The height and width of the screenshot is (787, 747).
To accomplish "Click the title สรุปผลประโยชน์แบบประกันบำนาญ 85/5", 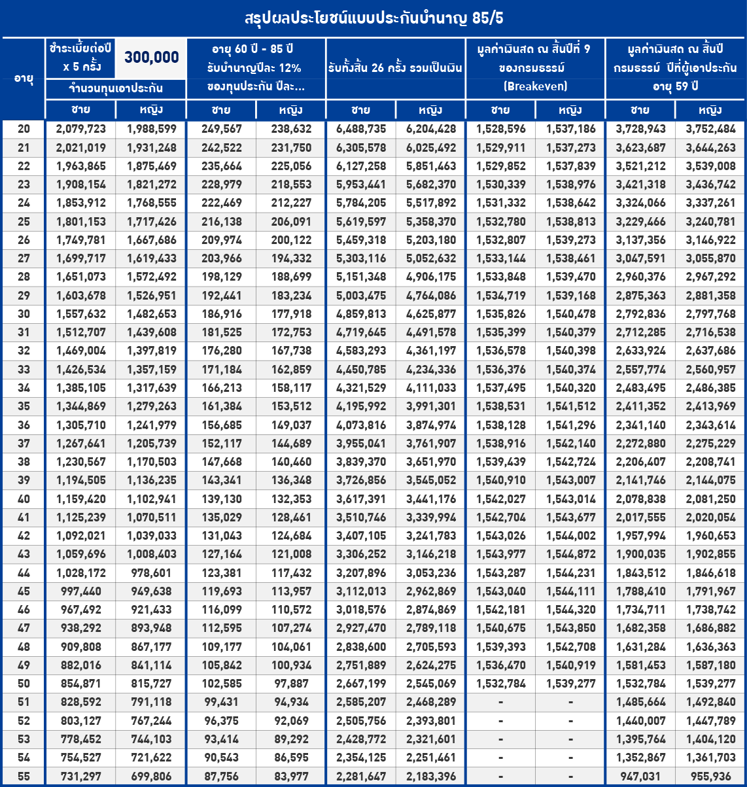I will point(373,18).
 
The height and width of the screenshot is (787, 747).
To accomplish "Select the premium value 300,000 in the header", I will point(151,58).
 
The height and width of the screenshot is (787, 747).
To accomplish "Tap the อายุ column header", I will point(23,77).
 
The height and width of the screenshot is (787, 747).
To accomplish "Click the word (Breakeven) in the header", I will point(535,86).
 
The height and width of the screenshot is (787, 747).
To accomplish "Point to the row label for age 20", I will point(23,130).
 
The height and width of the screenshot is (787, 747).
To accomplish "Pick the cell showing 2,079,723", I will point(80,130).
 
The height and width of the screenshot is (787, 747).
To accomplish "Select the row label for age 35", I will point(23,406).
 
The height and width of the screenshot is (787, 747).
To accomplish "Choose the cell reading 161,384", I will point(220,406).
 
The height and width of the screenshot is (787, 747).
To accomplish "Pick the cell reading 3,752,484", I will point(710,130).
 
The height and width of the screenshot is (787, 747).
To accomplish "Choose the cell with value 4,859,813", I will point(360,313).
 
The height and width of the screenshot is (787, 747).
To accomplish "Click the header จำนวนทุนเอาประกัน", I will point(115,88).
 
